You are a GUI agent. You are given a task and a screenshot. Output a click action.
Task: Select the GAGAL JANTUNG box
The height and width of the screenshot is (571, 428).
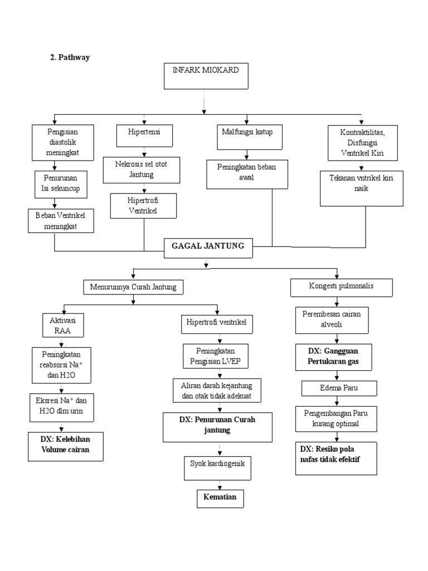coord(208,248)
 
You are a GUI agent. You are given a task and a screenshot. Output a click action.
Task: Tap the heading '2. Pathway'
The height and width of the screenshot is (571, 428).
coord(70,57)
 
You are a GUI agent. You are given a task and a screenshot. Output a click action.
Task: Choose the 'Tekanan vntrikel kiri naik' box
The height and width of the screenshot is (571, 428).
coord(361,188)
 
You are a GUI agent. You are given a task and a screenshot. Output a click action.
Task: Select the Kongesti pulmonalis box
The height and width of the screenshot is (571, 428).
coord(342,287)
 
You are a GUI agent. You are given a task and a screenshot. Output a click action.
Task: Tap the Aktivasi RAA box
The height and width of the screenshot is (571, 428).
coord(63,325)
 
